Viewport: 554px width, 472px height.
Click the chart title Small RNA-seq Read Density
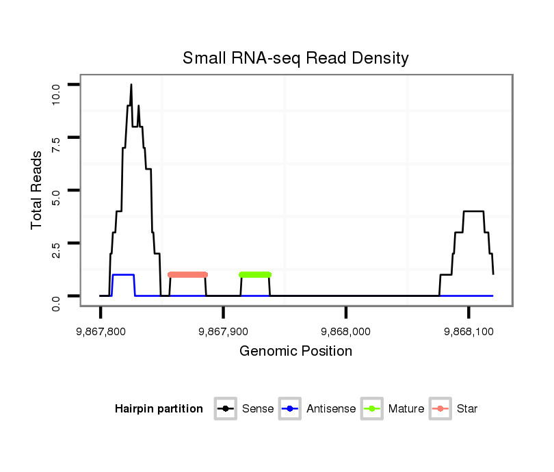pyautogui.click(x=295, y=58)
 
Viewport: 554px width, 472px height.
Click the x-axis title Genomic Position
pyautogui.click(x=295, y=352)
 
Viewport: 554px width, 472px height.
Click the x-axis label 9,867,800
pyautogui.click(x=101, y=331)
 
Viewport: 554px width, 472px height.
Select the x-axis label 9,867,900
pyautogui.click(x=223, y=331)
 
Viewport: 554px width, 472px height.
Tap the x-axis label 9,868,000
pyautogui.click(x=346, y=331)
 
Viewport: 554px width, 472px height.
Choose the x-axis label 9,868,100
pyautogui.click(x=469, y=331)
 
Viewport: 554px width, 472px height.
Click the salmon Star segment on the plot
pyautogui.click(x=187, y=274)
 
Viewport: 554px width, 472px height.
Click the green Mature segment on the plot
pyautogui.click(x=255, y=274)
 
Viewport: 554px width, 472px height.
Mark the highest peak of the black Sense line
pyautogui.click(x=131, y=85)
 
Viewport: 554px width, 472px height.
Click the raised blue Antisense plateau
pyautogui.click(x=123, y=274)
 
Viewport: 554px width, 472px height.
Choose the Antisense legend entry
pyautogui.click(x=317, y=409)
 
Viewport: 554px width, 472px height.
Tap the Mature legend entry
pyautogui.click(x=393, y=409)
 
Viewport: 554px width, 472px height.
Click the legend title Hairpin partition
pyautogui.click(x=159, y=409)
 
